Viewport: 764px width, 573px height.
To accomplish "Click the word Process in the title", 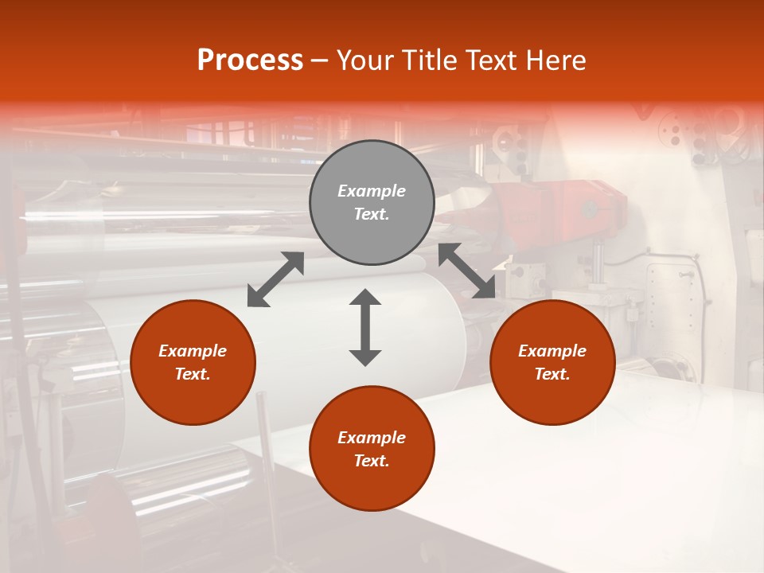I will (250, 60).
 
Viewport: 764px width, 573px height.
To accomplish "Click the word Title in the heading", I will (428, 60).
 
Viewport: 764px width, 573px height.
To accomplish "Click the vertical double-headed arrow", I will (365, 327).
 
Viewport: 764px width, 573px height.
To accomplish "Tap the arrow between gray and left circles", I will (275, 279).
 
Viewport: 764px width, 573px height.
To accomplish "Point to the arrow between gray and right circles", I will (467, 271).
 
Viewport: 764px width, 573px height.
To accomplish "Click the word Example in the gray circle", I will (372, 191).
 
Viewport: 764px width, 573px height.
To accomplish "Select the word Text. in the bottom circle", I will (372, 461).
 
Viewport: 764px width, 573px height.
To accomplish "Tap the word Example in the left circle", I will (193, 351).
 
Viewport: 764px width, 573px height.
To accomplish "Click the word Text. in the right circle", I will (552, 374).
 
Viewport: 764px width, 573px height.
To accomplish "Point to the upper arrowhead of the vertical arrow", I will (365, 298).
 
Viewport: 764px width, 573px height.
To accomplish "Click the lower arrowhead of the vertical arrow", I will (365, 357).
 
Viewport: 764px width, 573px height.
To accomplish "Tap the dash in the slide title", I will (320, 60).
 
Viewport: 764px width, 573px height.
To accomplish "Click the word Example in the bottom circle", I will (372, 438).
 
